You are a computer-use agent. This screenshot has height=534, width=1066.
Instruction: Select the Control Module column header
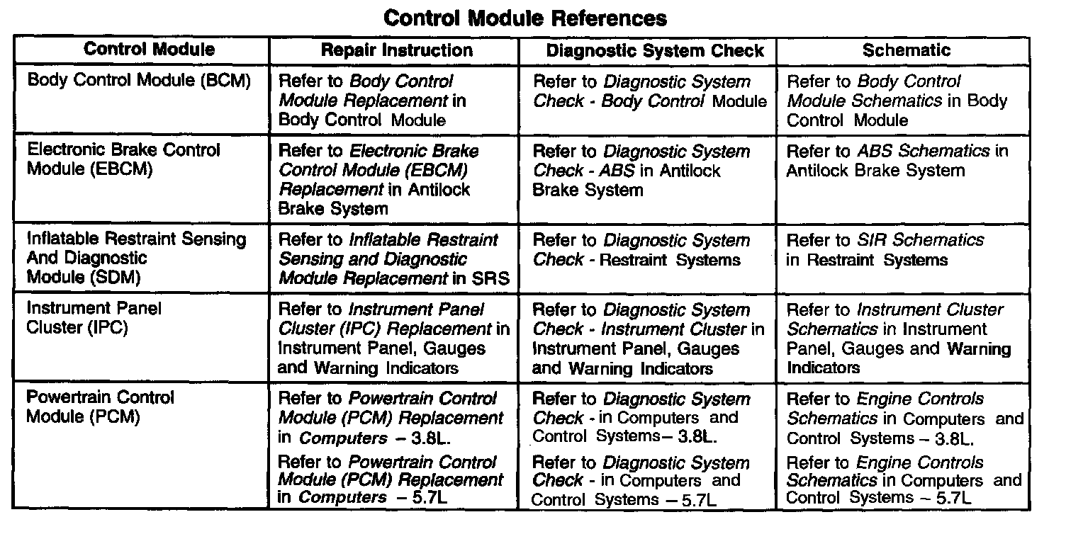click(x=149, y=50)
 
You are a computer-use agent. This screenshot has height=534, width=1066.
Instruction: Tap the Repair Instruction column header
click(x=396, y=50)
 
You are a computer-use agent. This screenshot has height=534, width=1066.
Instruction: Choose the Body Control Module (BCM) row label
click(x=139, y=81)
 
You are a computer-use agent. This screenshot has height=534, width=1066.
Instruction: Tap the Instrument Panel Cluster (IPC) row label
click(x=94, y=319)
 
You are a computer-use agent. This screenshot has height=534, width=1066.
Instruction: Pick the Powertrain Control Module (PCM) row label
click(x=100, y=407)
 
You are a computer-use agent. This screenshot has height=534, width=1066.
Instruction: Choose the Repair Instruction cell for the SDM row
click(x=393, y=259)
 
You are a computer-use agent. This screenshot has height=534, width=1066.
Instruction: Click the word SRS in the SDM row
click(x=490, y=278)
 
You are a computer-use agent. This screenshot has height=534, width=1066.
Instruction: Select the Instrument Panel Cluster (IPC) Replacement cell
click(x=393, y=339)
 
